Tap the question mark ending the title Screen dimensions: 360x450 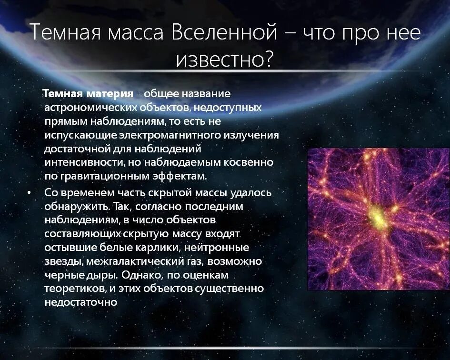268,59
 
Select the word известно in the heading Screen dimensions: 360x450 218,59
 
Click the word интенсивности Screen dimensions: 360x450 85,162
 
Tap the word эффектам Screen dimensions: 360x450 182,176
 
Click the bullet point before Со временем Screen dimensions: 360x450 30,193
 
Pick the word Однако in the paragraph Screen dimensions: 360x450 140,276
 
